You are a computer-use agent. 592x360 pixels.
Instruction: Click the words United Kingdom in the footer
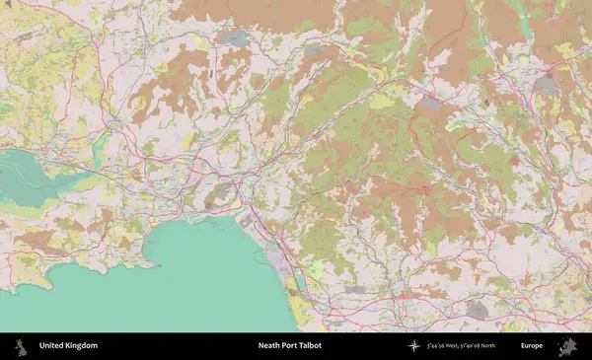point(68,346)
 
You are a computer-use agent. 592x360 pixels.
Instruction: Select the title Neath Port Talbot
point(289,346)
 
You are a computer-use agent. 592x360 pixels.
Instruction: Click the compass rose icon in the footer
point(414,346)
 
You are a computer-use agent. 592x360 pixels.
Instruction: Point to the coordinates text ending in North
point(462,346)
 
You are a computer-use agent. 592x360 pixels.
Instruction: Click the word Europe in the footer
point(532,346)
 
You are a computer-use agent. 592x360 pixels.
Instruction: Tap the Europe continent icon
point(569,346)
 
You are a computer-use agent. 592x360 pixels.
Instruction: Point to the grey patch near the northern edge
point(234,37)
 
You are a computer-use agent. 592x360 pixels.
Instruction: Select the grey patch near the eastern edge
point(545,86)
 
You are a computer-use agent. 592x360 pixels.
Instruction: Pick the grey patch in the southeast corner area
point(477,310)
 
